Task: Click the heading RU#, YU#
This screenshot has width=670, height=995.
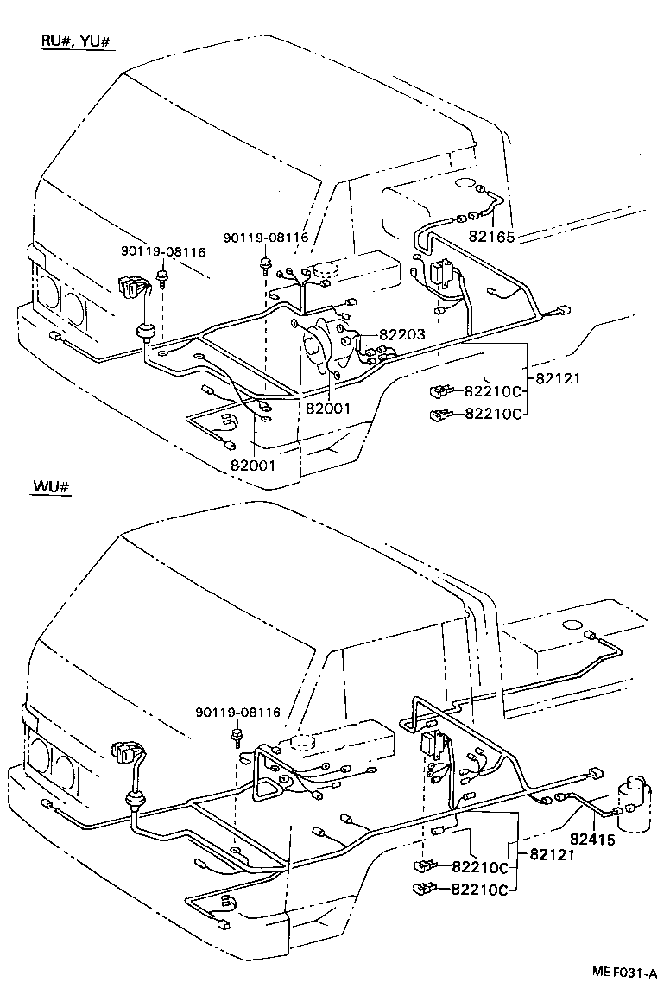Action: coord(78,41)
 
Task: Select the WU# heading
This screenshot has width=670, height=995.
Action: coord(51,487)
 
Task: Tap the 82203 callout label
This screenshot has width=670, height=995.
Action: coord(401,334)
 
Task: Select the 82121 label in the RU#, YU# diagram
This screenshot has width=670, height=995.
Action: coord(558,377)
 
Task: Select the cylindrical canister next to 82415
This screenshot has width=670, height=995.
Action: coord(635,803)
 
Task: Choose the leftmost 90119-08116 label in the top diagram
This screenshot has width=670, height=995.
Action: coord(163,252)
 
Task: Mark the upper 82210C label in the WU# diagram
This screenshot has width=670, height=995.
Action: coord(480,866)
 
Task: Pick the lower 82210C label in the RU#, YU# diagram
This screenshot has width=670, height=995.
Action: coord(494,414)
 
